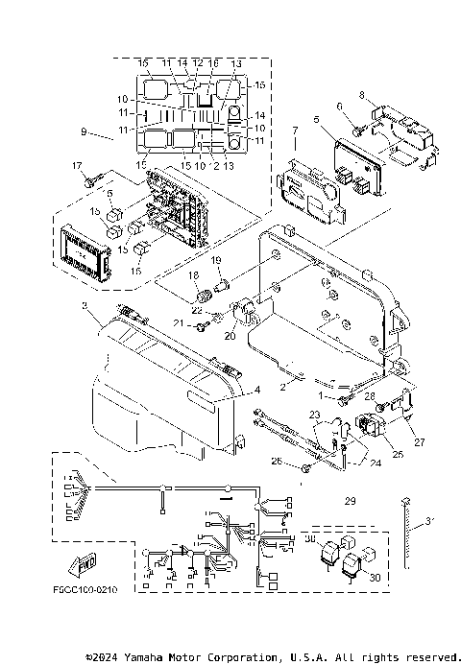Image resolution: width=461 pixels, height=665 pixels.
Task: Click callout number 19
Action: coord(216,261)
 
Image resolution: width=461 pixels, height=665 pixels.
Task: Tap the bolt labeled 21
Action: coord(203,326)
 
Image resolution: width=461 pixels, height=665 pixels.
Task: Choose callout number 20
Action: coord(230,337)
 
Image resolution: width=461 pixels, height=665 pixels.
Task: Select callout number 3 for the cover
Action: coord(85,306)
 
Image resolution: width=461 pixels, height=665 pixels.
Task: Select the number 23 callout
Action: coord(314,415)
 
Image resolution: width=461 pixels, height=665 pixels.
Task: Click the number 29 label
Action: coord(350,502)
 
